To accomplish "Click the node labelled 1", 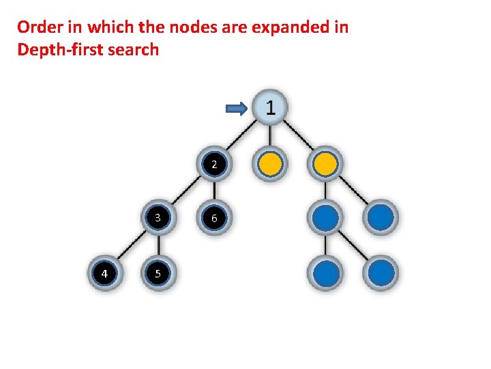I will tap(270, 107).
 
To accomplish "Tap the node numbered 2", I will tap(214, 164).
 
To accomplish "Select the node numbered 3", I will tap(158, 218).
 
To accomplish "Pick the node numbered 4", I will tap(104, 273).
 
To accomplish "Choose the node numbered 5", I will tap(158, 273).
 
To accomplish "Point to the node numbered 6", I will tap(214, 218).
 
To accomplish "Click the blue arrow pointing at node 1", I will tap(237, 108).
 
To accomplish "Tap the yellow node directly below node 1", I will tap(270, 164).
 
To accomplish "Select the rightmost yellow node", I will tap(325, 164).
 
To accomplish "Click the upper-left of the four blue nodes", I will tap(325, 218).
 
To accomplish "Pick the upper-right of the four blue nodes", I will tap(381, 218).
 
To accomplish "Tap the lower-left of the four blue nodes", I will tap(325, 273).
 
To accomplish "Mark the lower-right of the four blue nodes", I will tap(381, 273).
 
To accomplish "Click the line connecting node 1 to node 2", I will tap(241, 136).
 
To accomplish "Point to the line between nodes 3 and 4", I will tap(130, 246).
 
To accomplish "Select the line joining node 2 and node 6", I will tap(214, 191).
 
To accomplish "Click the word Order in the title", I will tap(38, 27).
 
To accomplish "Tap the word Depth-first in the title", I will tap(60, 49).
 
